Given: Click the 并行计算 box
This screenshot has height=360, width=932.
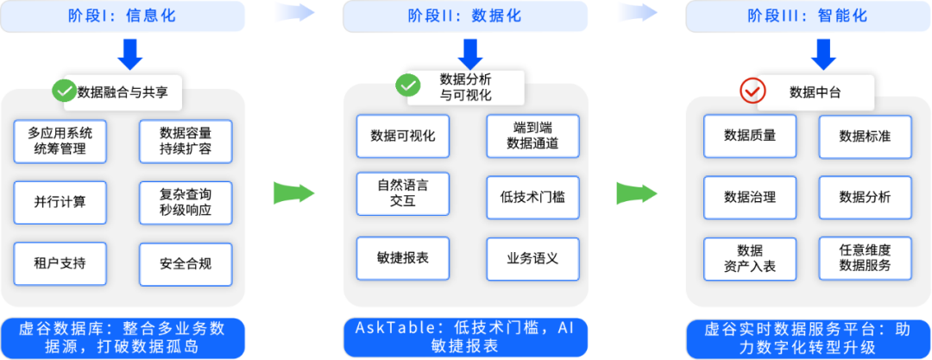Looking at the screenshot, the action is pyautogui.click(x=60, y=202).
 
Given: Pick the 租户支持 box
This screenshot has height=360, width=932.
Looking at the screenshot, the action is pyautogui.click(x=60, y=263).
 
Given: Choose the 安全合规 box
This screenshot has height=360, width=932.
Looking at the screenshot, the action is pyautogui.click(x=186, y=263).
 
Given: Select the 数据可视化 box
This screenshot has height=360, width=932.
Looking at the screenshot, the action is pyautogui.click(x=403, y=136).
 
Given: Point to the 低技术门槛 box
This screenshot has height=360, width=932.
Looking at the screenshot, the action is pyautogui.click(x=532, y=197).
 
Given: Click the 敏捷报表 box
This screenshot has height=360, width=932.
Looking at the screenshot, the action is pyautogui.click(x=403, y=257).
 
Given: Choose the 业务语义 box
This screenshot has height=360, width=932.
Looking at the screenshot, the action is pyautogui.click(x=532, y=257).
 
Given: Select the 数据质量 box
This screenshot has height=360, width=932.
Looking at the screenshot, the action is pyautogui.click(x=750, y=136).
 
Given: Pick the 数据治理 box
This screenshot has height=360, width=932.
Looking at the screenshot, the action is pyautogui.click(x=750, y=197).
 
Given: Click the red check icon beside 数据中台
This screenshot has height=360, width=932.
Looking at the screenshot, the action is pyautogui.click(x=753, y=89).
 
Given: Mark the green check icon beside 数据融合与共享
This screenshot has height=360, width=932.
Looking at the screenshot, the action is pyautogui.click(x=64, y=90).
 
